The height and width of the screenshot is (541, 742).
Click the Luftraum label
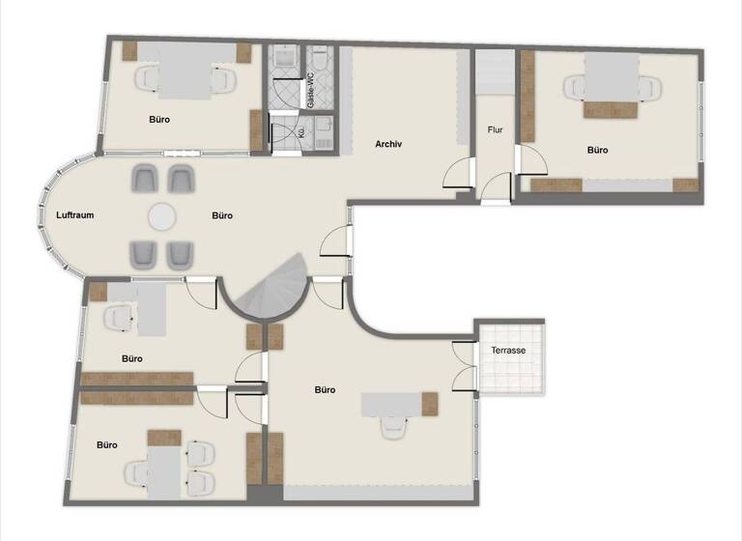(x=74, y=214)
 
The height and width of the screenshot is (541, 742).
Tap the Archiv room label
(x=388, y=144)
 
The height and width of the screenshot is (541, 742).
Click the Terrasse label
(x=509, y=350)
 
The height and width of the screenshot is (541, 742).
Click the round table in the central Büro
(x=161, y=214)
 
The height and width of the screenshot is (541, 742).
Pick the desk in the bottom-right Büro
(x=392, y=404)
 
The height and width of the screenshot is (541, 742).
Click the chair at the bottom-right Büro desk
(x=392, y=428)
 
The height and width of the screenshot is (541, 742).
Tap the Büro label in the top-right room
(x=598, y=150)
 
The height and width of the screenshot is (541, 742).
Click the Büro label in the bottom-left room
(x=106, y=445)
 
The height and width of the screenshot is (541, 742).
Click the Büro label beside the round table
(x=222, y=214)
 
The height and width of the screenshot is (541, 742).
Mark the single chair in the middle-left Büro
(x=119, y=316)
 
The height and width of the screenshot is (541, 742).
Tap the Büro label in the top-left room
(x=160, y=120)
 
